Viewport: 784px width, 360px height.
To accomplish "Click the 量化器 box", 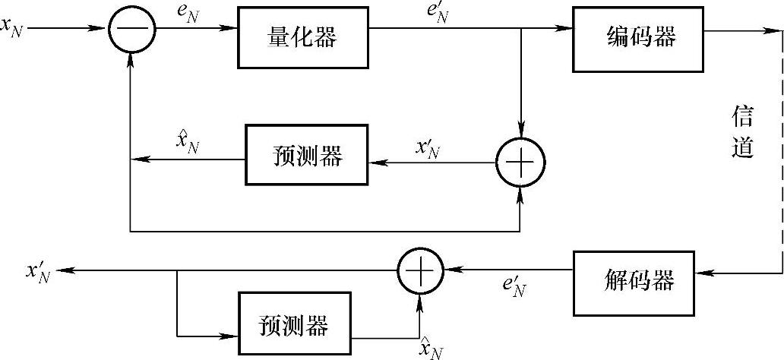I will tap(302, 37).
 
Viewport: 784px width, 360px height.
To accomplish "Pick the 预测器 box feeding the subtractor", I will tap(306, 154).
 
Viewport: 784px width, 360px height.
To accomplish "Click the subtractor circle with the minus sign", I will tap(131, 29).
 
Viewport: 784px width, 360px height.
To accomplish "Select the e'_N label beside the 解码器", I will tap(517, 287).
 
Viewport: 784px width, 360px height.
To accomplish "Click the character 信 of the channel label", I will tap(742, 118).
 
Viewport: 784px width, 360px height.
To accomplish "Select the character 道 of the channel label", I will tap(742, 148).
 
